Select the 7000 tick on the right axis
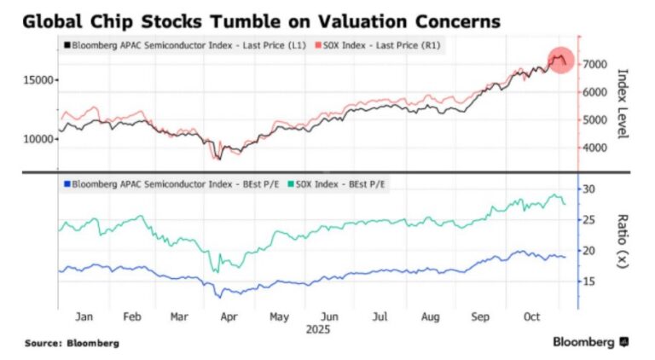[x=594, y=64]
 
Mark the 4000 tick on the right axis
[x=594, y=148]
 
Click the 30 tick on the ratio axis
[x=591, y=189]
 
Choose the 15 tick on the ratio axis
[x=591, y=282]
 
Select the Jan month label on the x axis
[x=84, y=316]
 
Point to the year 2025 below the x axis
[x=317, y=328]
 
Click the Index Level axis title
[x=622, y=104]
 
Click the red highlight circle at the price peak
[x=559, y=61]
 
